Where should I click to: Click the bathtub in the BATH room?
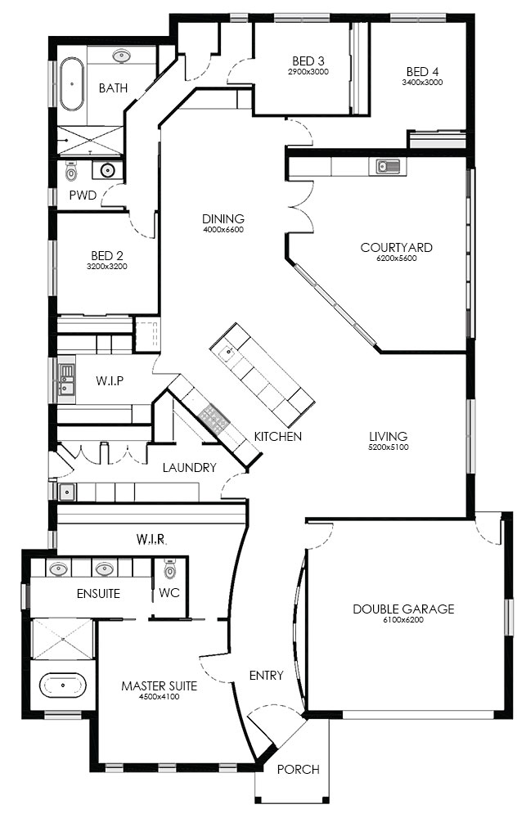(x=71, y=83)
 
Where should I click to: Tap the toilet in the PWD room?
(x=71, y=170)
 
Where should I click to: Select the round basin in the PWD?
(x=108, y=170)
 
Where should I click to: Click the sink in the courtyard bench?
(x=384, y=166)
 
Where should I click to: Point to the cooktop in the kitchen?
(x=214, y=417)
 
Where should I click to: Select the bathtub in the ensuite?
(x=63, y=685)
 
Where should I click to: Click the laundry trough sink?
(x=66, y=492)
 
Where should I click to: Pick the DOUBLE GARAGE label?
(x=403, y=609)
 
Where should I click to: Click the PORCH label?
(x=298, y=769)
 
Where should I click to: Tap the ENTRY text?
(x=266, y=676)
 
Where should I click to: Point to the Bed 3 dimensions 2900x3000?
(x=308, y=72)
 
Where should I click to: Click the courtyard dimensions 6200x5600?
(x=397, y=258)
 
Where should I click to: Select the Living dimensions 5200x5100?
(x=389, y=447)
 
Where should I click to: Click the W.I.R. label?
(x=151, y=539)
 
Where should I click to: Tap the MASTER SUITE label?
(x=160, y=686)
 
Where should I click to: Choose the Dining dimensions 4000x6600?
(x=223, y=230)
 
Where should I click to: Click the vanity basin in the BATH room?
(x=121, y=56)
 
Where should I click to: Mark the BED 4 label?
(x=422, y=71)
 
